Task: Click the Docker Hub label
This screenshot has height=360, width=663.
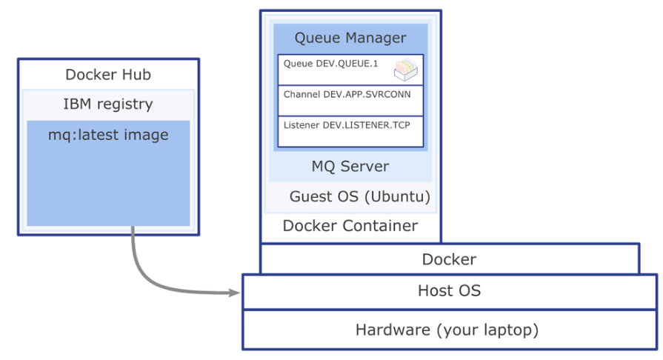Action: [x=108, y=75]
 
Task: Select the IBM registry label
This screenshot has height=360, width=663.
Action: [x=108, y=104]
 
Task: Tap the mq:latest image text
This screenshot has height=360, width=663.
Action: [x=108, y=135]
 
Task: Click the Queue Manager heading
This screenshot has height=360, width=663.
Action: [x=350, y=38]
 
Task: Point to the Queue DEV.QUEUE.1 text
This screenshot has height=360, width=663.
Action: [x=330, y=64]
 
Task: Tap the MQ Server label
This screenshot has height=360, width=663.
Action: [x=350, y=166]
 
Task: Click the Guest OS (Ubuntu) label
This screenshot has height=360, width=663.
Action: [x=360, y=197]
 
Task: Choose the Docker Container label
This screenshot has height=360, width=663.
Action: [x=350, y=226]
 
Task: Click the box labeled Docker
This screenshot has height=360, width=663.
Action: [x=449, y=259]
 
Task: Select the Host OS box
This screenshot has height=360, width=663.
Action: [x=449, y=291]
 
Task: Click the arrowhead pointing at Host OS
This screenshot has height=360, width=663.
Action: [x=236, y=293]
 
